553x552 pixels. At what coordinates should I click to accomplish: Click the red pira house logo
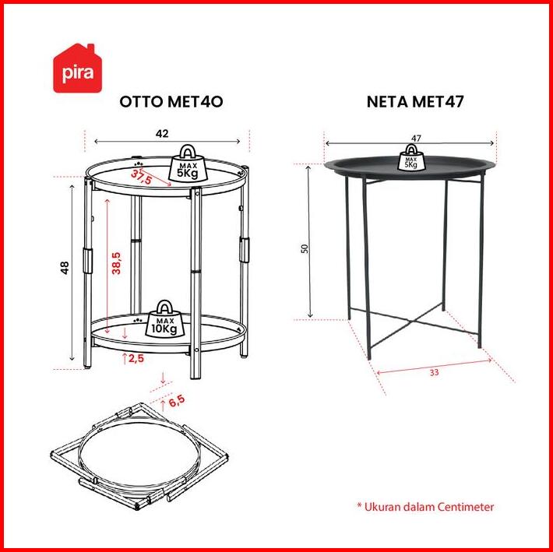(x=77, y=68)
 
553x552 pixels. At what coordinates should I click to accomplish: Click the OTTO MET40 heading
(x=171, y=101)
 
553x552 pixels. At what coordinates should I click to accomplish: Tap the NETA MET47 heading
(x=415, y=101)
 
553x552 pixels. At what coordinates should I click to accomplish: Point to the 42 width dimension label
(x=162, y=133)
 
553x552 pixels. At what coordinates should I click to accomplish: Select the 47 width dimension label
(x=416, y=138)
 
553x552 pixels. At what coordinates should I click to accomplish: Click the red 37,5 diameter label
(x=141, y=177)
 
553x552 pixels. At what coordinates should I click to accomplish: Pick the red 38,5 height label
(x=116, y=263)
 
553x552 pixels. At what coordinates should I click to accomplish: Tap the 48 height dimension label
(x=65, y=268)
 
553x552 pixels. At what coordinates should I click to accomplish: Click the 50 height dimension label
(x=305, y=248)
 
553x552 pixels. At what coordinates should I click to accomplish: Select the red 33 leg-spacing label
(x=434, y=372)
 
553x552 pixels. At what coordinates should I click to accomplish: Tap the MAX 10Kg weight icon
(x=164, y=319)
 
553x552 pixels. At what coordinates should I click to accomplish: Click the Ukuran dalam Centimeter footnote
(x=425, y=507)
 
